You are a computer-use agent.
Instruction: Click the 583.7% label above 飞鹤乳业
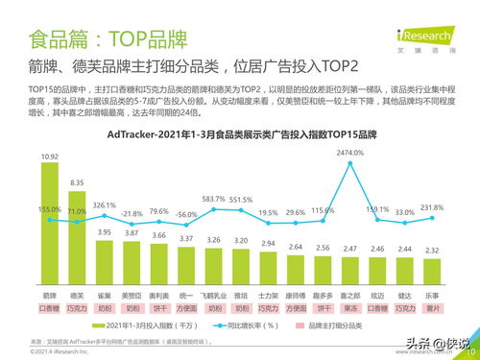(213, 198)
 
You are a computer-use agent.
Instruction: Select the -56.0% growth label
(186, 214)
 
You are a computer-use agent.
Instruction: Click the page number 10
(470, 351)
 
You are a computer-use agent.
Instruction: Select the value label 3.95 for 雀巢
(105, 231)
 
